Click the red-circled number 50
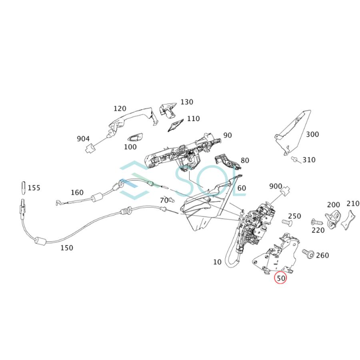pyautogui.click(x=280, y=277)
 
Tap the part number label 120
pyautogui.click(x=120, y=108)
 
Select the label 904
pyautogui.click(x=83, y=139)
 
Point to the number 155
pyautogui.click(x=34, y=188)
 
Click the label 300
pyautogui.click(x=312, y=134)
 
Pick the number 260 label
pyautogui.click(x=323, y=255)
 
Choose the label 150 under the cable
pyautogui.click(x=67, y=248)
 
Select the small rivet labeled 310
pyautogui.click(x=295, y=160)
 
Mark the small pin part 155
pyautogui.click(x=23, y=186)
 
